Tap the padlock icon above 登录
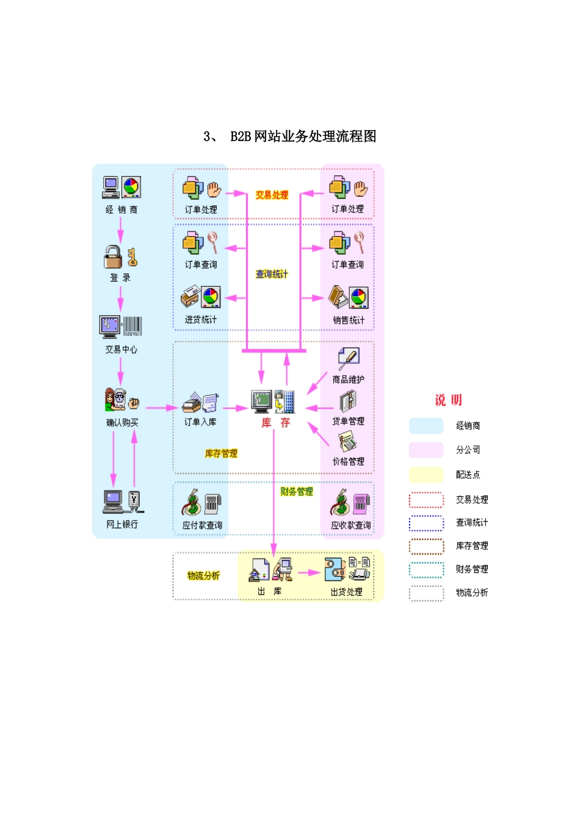tap(113, 257)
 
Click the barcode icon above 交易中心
tap(132, 326)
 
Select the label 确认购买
tap(122, 422)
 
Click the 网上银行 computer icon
tap(113, 502)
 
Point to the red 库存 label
tap(275, 423)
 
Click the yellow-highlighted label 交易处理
tap(272, 195)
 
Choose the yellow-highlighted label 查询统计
tap(272, 274)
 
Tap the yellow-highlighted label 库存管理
tap(221, 453)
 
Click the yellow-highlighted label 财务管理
tap(297, 491)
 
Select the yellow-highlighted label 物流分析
tap(203, 575)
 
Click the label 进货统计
tap(201, 319)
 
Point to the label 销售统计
tap(349, 319)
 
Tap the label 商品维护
tap(348, 379)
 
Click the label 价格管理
tap(348, 461)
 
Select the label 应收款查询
tap(350, 525)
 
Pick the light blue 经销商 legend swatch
tap(426, 426)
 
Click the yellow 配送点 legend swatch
tap(426, 475)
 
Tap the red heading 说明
tap(448, 400)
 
